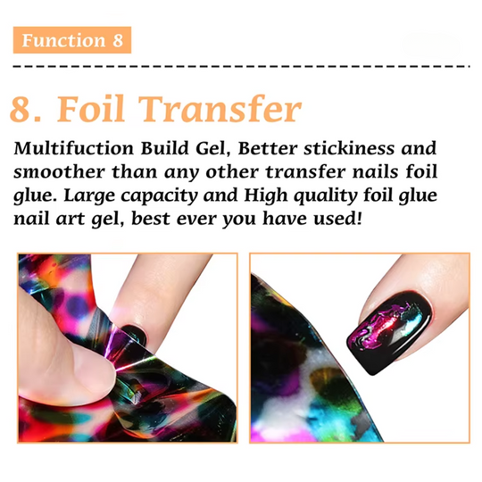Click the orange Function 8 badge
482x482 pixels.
point(72,40)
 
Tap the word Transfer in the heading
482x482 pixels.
point(220,108)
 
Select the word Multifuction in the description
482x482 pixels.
point(73,148)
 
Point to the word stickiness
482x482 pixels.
point(349,148)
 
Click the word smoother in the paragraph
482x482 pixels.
point(59,171)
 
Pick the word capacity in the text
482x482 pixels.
point(159,196)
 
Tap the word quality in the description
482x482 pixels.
point(326,196)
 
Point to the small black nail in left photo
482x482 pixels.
point(134,335)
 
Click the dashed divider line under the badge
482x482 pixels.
point(242,66)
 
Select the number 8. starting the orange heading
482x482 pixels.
point(26,110)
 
